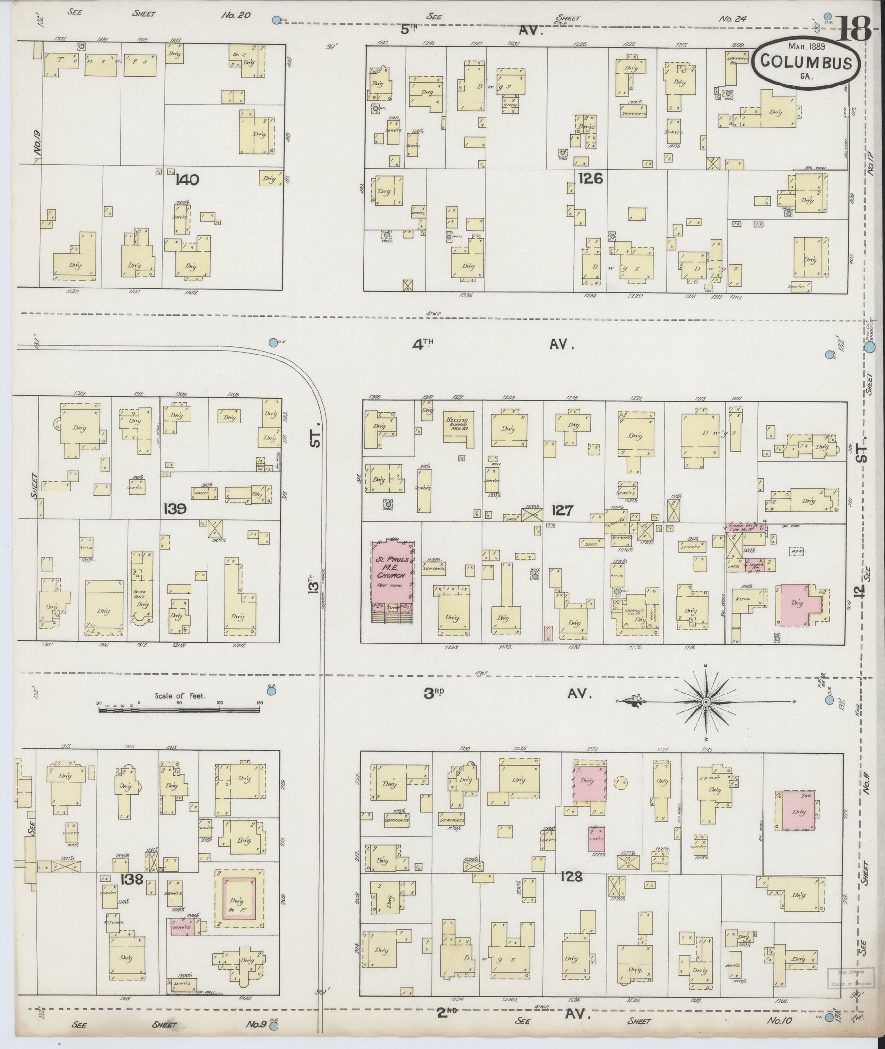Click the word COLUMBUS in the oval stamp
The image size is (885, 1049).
pyautogui.click(x=807, y=62)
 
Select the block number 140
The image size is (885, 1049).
pyautogui.click(x=188, y=180)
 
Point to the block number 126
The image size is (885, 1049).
pyautogui.click(x=590, y=178)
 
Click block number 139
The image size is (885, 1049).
pyautogui.click(x=174, y=509)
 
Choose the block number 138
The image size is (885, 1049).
pyautogui.click(x=132, y=879)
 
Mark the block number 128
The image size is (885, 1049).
pyautogui.click(x=572, y=877)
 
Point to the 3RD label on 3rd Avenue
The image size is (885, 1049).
pyautogui.click(x=434, y=693)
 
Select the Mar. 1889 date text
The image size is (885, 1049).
pyautogui.click(x=806, y=46)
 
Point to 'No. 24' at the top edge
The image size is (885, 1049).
pyautogui.click(x=733, y=18)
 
